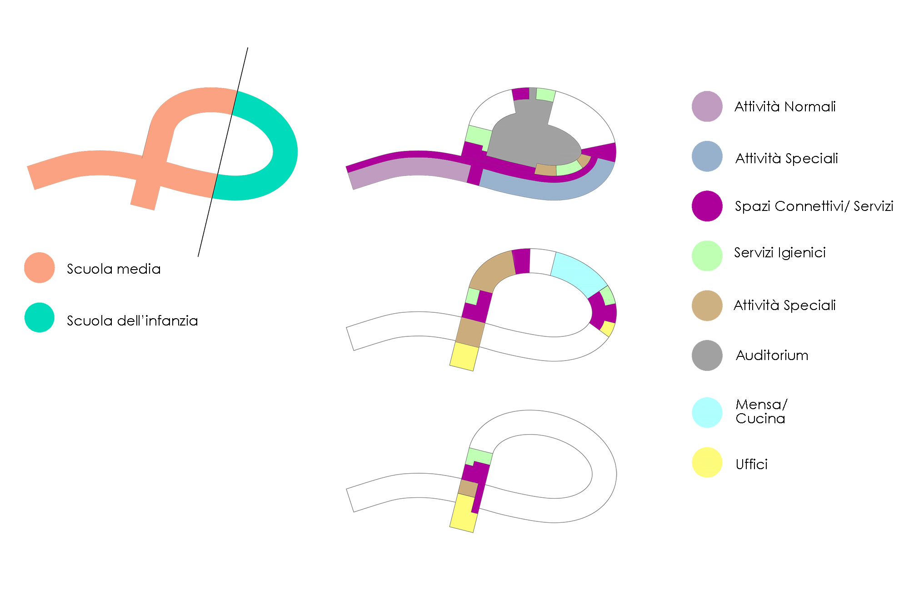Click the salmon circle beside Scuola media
pyautogui.click(x=40, y=268)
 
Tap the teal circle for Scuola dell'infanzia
pyautogui.click(x=40, y=317)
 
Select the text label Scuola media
pyautogui.click(x=114, y=269)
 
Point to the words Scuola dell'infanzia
pyautogui.click(x=132, y=321)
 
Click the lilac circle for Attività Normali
pyautogui.click(x=707, y=106)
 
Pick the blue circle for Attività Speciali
pyautogui.click(x=707, y=156)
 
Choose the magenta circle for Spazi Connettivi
pyautogui.click(x=707, y=206)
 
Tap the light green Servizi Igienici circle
pyautogui.click(x=707, y=256)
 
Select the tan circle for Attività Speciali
pyautogui.click(x=707, y=306)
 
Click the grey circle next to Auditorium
pyautogui.click(x=707, y=356)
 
